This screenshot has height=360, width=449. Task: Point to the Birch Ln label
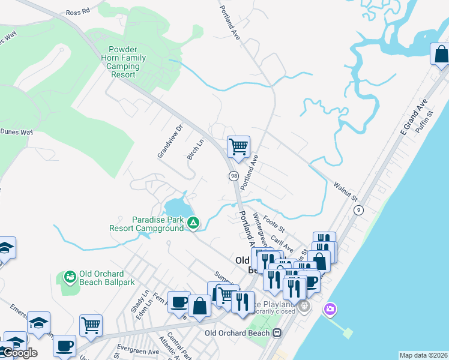click(x=196, y=149)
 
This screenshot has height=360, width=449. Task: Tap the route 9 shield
click(x=358, y=209)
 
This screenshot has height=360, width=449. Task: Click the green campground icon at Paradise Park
click(x=193, y=224)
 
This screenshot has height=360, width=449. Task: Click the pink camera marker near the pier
click(x=329, y=310)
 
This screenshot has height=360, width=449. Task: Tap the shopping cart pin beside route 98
click(x=238, y=146)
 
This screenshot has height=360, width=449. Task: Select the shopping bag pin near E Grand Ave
click(x=441, y=54)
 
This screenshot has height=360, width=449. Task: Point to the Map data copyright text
click(x=423, y=355)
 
